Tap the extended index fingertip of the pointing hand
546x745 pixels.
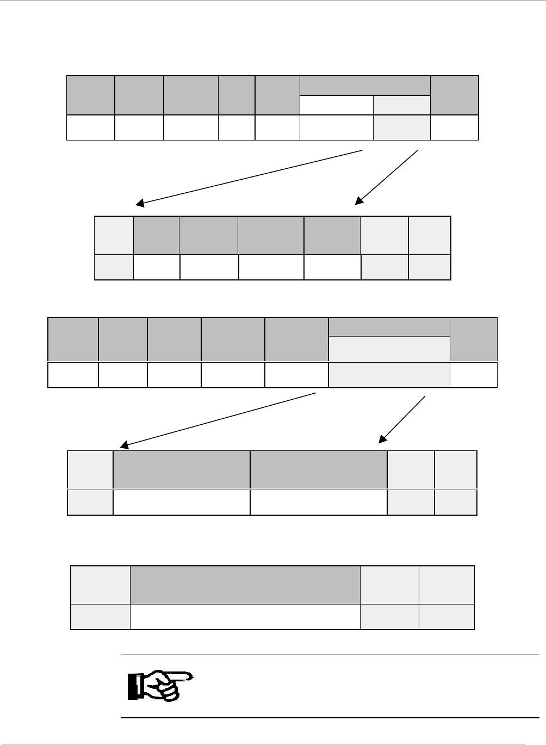[x=191, y=676]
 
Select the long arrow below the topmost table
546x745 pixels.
[x=249, y=176]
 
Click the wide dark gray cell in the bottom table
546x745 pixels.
[x=245, y=585]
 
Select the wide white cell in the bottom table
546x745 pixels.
[x=245, y=616]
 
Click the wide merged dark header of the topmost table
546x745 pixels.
[x=365, y=86]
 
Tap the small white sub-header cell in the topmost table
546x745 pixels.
[x=337, y=105]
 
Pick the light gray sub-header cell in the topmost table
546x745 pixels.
[x=401, y=105]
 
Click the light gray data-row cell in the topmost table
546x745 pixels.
[x=401, y=127]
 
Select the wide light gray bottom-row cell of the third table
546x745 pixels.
[x=389, y=374]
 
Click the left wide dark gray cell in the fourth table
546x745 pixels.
[x=182, y=469]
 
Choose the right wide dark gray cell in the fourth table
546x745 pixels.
[x=318, y=469]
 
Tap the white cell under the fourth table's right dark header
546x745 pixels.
[x=318, y=502]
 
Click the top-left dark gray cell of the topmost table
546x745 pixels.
[x=91, y=95]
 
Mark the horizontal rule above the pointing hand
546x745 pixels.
[x=329, y=655]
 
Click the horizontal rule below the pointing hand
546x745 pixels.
[x=329, y=718]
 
